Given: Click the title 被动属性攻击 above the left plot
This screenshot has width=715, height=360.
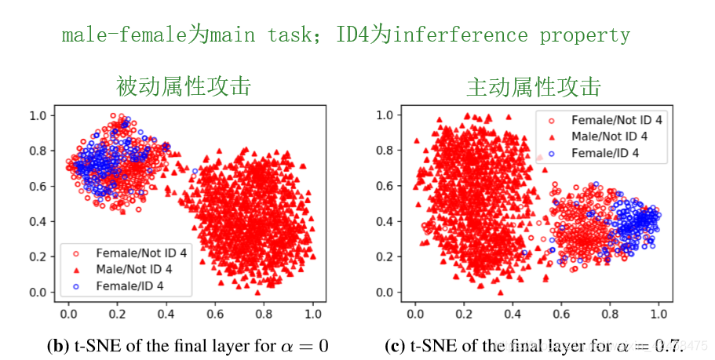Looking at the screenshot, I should click(184, 85).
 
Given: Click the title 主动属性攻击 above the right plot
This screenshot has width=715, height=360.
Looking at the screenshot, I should click(534, 85).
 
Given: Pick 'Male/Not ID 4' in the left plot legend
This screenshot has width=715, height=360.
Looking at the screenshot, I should click(134, 269).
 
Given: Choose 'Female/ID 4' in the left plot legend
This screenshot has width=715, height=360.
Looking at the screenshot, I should click(130, 285).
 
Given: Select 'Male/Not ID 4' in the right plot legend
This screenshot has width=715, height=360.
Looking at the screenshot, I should click(610, 136).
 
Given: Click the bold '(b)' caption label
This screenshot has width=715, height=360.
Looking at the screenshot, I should click(58, 346).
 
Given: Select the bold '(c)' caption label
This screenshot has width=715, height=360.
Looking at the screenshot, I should click(395, 346).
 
